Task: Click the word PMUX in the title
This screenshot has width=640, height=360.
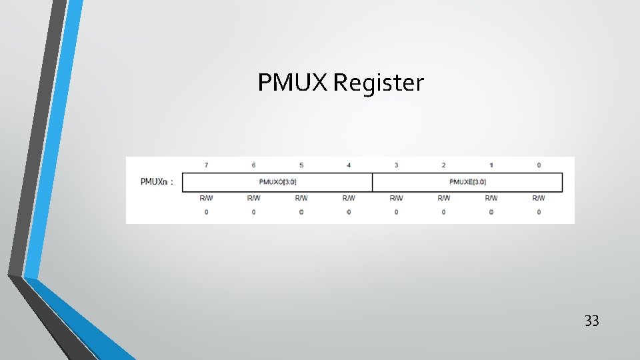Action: pos(293,83)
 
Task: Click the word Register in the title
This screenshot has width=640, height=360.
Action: pos(378,84)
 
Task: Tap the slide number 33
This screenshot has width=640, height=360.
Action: pos(591,321)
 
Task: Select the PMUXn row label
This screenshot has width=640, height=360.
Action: pos(157,182)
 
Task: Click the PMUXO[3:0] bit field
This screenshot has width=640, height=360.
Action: pos(277,182)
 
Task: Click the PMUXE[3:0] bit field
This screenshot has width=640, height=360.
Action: pos(467,182)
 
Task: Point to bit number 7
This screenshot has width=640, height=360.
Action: pos(206,165)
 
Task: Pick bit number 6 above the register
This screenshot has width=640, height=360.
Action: pos(253,165)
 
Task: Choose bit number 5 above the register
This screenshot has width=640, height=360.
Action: pos(301,165)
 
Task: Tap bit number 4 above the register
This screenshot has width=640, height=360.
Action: pos(349,165)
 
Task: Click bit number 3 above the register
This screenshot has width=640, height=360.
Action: pos(396,165)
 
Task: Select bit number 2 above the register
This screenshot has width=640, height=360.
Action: pos(443,165)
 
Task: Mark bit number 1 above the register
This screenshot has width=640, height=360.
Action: pos(491,165)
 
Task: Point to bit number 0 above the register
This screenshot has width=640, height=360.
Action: pos(539,165)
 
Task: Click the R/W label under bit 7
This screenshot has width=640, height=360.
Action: pos(206,198)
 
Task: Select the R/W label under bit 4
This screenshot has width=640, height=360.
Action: pos(349,198)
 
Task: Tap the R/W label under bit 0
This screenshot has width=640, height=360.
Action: pos(539,198)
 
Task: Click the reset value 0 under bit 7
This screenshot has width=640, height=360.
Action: pos(206,212)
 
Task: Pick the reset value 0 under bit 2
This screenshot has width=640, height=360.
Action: pos(443,212)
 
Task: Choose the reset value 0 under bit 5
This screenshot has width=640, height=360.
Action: pos(301,212)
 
